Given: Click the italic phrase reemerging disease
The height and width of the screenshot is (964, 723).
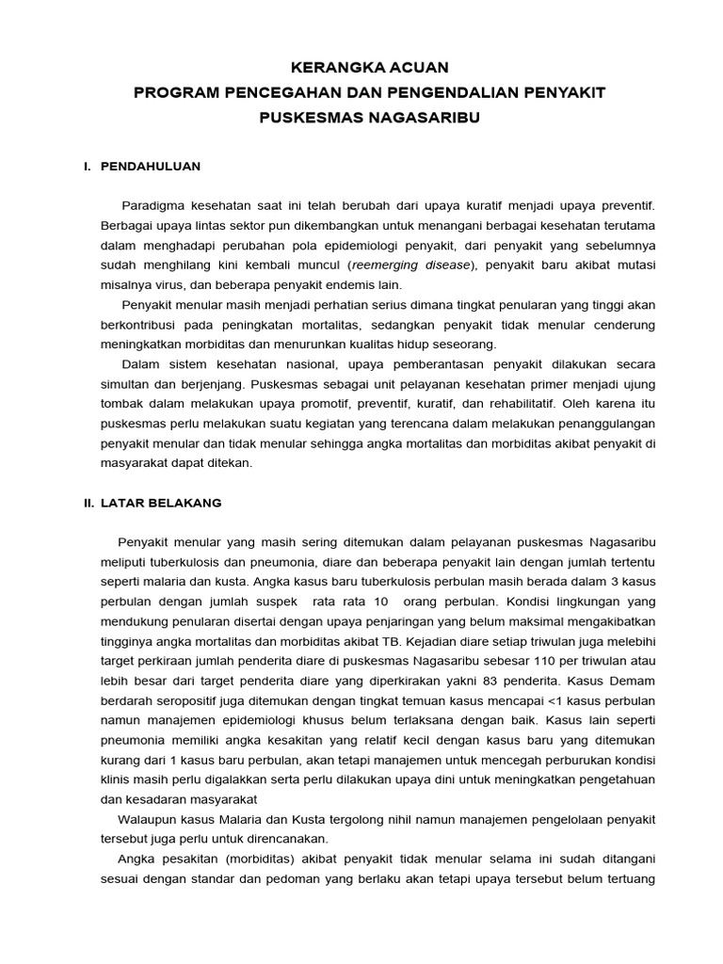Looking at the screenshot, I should click(411, 265).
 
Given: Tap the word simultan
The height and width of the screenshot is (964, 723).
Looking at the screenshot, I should click(127, 384).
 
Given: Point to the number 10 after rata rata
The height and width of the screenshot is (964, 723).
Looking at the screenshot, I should click(380, 602).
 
